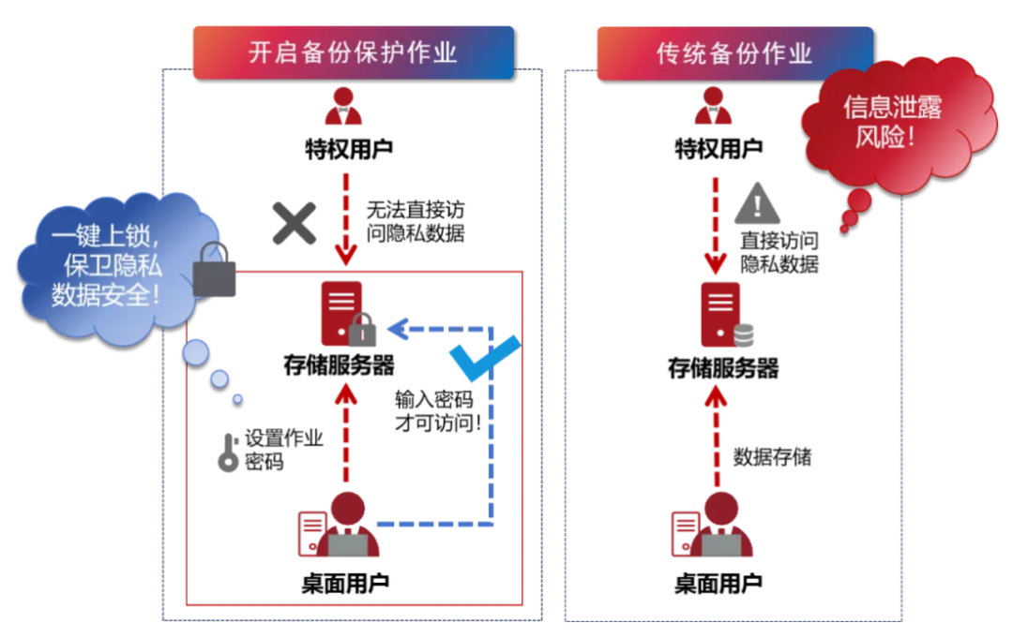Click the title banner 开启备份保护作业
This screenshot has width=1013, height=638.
pyautogui.click(x=354, y=52)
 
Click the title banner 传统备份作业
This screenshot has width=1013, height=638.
pyautogui.click(x=734, y=53)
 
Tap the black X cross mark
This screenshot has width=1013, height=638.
pyautogui.click(x=295, y=223)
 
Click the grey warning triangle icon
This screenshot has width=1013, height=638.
pyautogui.click(x=759, y=202)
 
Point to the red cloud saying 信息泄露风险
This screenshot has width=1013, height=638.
pyautogui.click(x=891, y=122)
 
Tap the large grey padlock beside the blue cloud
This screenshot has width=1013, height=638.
pyautogui.click(x=215, y=272)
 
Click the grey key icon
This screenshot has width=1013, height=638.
pyautogui.click(x=228, y=452)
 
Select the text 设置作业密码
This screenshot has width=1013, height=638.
pyautogui.click(x=284, y=450)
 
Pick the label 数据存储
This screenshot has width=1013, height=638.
pyautogui.click(x=772, y=457)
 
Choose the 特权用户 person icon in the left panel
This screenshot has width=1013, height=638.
pyautogui.click(x=343, y=108)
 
